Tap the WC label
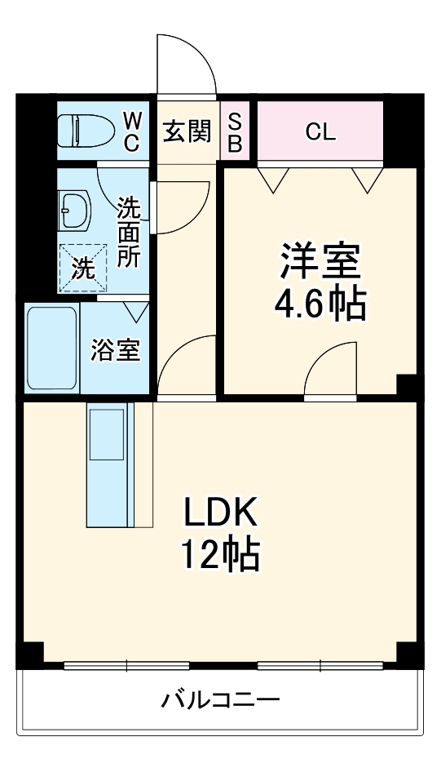(133, 131)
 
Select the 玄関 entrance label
(187, 131)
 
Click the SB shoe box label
(235, 131)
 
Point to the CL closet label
(320, 132)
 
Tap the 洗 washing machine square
(82, 268)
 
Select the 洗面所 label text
(129, 232)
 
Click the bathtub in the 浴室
(52, 348)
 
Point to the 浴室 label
(115, 350)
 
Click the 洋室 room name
(320, 262)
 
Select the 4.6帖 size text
(320, 304)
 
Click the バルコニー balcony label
(220, 699)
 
